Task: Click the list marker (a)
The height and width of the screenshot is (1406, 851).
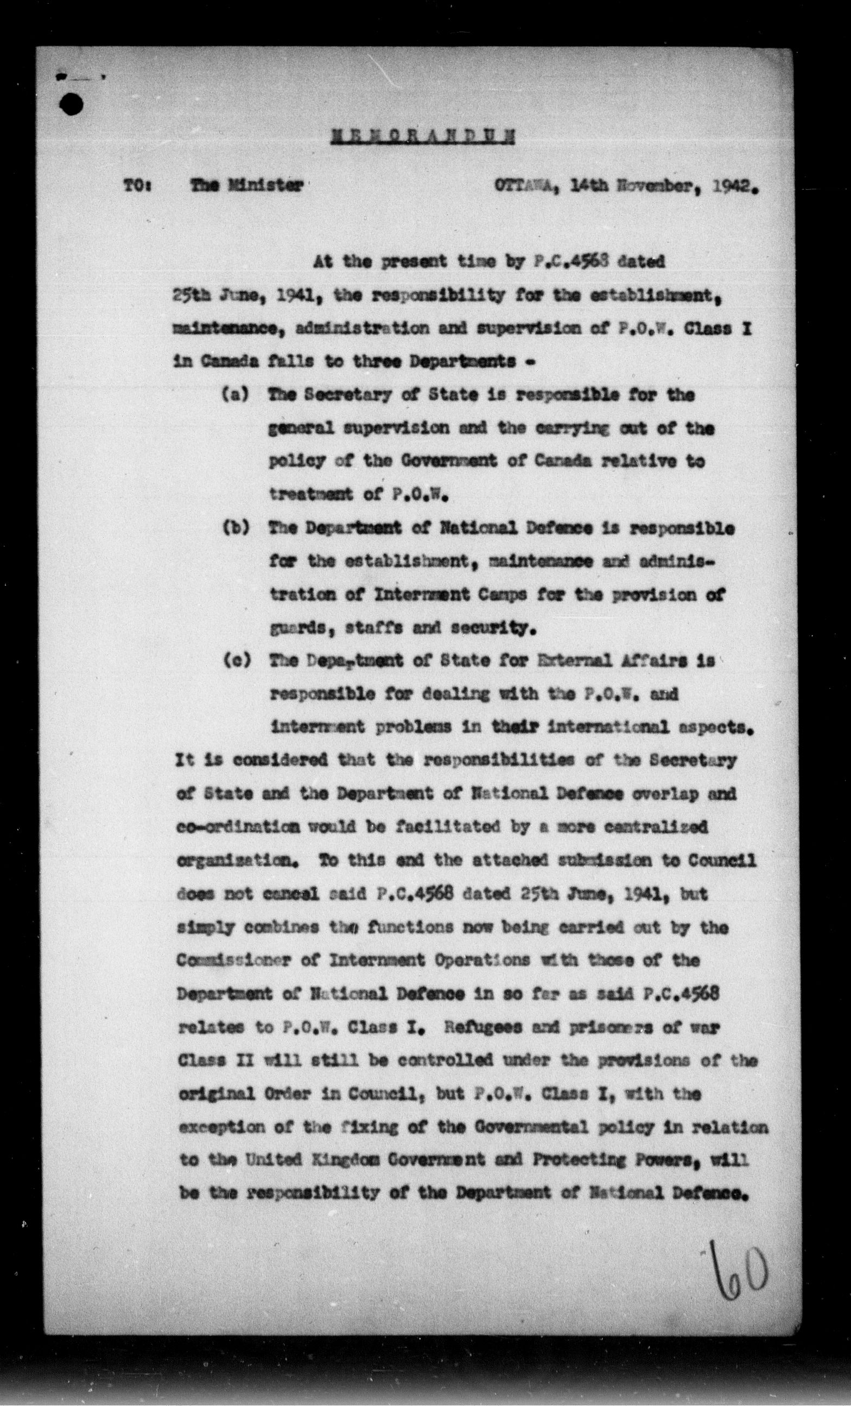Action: tap(234, 395)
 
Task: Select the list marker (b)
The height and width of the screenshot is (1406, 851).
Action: tap(234, 528)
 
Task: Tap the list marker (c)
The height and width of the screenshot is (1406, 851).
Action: tap(234, 662)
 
